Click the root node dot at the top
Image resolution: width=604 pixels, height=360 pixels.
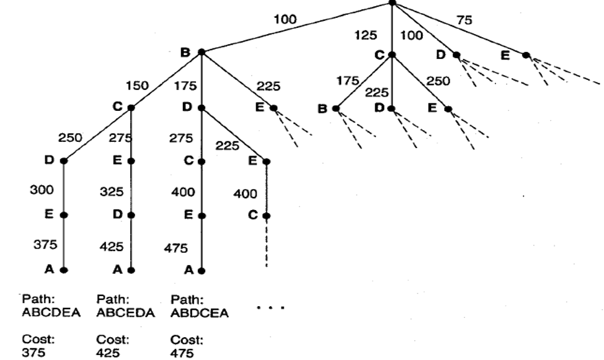[391, 2]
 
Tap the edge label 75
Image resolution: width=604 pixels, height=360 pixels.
[463, 20]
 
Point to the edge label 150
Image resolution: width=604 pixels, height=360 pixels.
[136, 85]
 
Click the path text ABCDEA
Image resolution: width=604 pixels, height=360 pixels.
[51, 314]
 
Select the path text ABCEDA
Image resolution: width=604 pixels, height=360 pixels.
[124, 314]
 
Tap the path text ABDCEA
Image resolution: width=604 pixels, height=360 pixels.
[198, 314]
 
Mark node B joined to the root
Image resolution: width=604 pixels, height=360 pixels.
[202, 53]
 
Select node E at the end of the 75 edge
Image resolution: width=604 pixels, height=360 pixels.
[526, 55]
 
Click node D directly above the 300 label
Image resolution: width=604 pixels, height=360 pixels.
[63, 161]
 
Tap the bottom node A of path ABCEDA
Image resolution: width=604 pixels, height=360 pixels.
[131, 270]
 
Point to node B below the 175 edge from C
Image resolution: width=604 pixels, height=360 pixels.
[335, 108]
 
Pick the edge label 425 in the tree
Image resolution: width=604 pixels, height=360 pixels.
[112, 246]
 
